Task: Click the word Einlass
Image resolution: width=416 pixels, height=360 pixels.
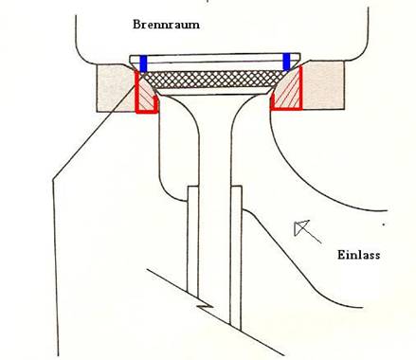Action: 359,255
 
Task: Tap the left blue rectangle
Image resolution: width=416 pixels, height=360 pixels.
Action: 143,63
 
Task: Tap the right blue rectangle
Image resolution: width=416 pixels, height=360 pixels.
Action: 287,63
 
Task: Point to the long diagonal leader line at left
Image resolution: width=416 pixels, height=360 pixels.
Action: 85,142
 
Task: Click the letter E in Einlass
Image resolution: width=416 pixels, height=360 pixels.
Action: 340,255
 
